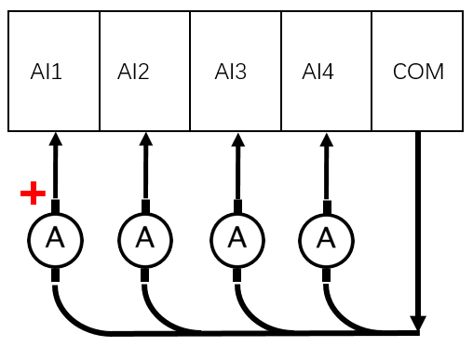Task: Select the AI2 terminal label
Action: [133, 72]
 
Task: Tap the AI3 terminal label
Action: [230, 72]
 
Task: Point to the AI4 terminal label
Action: [318, 72]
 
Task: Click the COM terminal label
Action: [418, 72]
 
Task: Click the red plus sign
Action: [34, 193]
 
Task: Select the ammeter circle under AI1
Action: [55, 239]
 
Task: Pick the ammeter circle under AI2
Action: [145, 239]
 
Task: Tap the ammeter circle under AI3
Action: [237, 239]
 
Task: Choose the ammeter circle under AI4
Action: [326, 239]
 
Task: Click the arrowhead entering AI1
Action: [55, 139]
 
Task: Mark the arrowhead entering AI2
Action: [145, 139]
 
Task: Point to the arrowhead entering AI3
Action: [237, 139]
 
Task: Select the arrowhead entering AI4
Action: [326, 139]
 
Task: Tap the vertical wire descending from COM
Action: [418, 223]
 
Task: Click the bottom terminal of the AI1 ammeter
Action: [55, 275]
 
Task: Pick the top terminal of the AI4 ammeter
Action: [326, 206]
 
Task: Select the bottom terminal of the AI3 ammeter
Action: [237, 275]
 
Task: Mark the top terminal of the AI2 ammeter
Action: [145, 206]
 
